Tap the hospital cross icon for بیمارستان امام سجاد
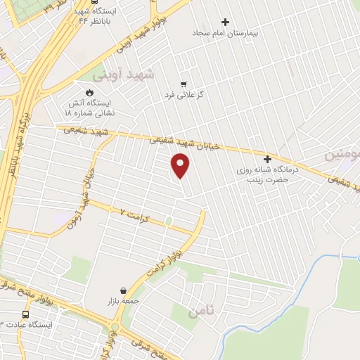pyautogui.click(x=225, y=22)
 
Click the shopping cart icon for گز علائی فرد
pyautogui.click(x=183, y=84)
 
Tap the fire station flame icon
pyautogui.click(x=89, y=92)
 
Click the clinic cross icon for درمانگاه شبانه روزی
pyautogui.click(x=267, y=159)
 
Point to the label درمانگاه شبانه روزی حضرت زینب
pyautogui.click(x=267, y=174)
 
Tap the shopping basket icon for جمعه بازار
pyautogui.click(x=124, y=290)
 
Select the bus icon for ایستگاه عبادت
pyautogui.click(x=25, y=314)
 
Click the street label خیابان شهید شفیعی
pyautogui.click(x=186, y=143)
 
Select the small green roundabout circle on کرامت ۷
pyautogui.click(x=169, y=221)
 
